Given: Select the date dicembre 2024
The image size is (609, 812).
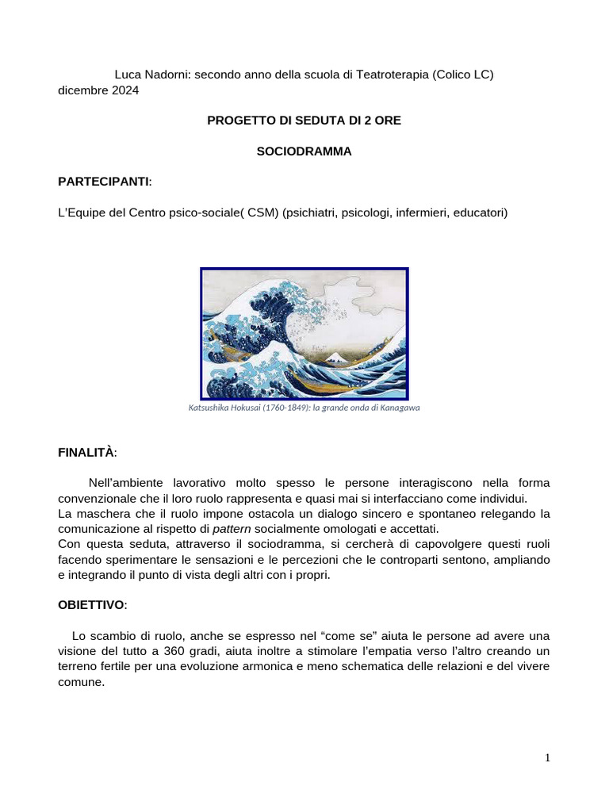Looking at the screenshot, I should pyautogui.click(x=98, y=90).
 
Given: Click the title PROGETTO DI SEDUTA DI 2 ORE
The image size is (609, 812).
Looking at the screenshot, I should pyautogui.click(x=304, y=121).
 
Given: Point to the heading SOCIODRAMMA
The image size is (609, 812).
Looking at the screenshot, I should pyautogui.click(x=304, y=151).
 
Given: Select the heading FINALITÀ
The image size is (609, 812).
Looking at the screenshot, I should pyautogui.click(x=86, y=453).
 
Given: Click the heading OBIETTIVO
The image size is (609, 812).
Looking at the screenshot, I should pyautogui.click(x=91, y=605).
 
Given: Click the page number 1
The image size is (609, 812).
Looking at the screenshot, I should pyautogui.click(x=547, y=758).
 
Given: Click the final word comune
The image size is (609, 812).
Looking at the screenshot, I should pyautogui.click(x=80, y=681).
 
